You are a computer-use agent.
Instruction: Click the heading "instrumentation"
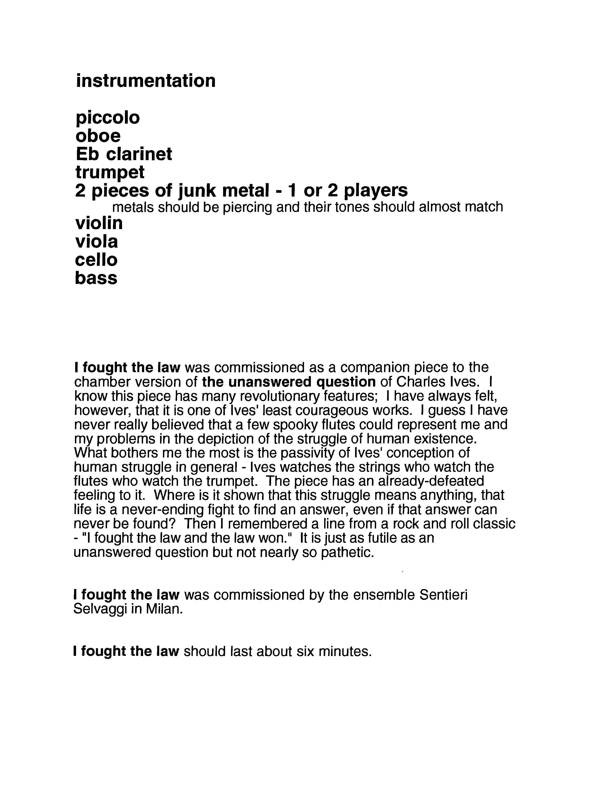click(146, 81)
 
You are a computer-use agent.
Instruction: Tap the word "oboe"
click(98, 136)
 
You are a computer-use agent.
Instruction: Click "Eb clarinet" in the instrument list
click(124, 154)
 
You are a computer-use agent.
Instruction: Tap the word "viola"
click(96, 241)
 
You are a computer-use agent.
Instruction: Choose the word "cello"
click(96, 260)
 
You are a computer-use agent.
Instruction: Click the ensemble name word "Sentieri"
click(443, 595)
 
